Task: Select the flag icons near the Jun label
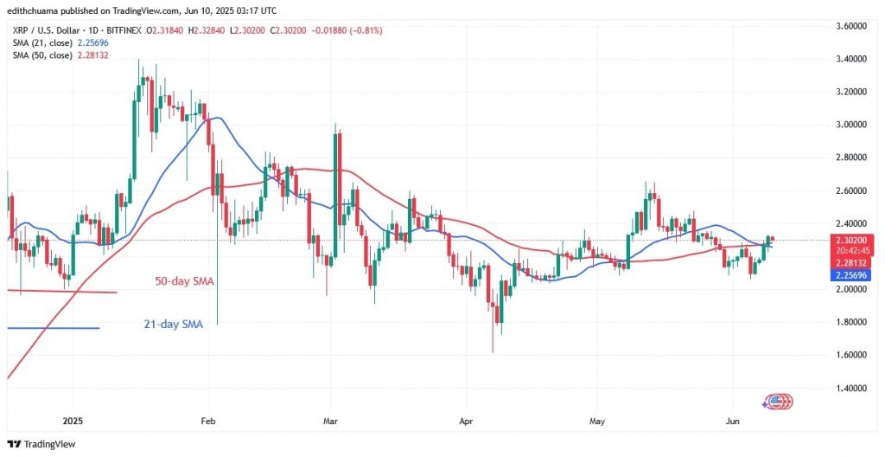pos(777,402)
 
